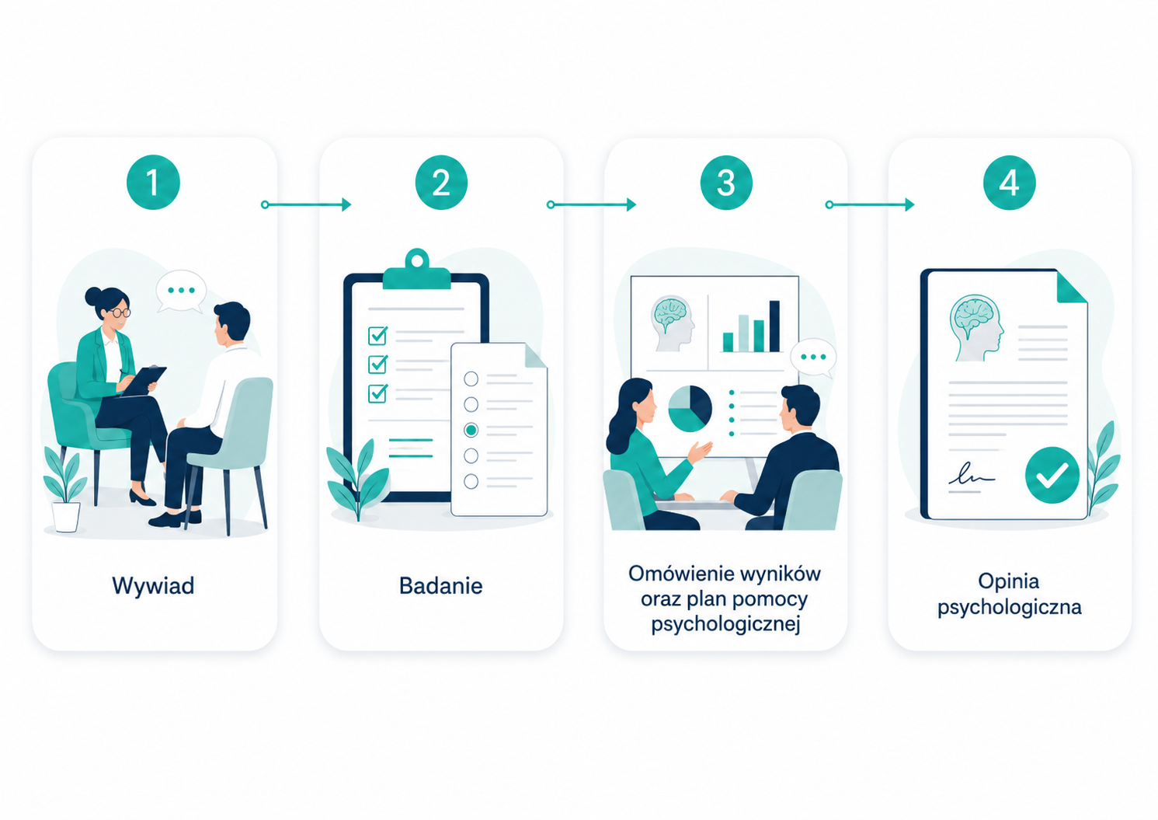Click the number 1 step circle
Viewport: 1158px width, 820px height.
coord(153,182)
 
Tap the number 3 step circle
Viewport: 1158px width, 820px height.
coord(726,182)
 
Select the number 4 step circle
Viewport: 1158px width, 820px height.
coord(1009,182)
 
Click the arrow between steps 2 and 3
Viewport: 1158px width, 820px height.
coord(591,205)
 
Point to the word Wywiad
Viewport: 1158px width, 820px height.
coord(153,585)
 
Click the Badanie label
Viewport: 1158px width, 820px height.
coord(441,585)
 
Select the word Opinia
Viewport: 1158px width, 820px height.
coord(1009,581)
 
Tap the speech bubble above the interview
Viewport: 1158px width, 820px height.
coord(181,291)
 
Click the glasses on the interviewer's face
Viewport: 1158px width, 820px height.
coord(120,312)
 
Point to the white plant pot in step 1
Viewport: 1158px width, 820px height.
coord(66,516)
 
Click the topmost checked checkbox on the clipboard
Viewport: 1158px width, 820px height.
coord(378,335)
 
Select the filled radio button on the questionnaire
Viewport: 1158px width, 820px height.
coord(471,430)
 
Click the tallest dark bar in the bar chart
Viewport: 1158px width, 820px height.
coord(774,326)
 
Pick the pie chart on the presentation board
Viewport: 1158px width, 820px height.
coord(690,409)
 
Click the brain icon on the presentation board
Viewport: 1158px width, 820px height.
coord(673,323)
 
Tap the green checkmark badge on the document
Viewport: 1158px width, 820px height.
coord(1052,475)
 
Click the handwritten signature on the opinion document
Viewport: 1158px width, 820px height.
coord(972,475)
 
